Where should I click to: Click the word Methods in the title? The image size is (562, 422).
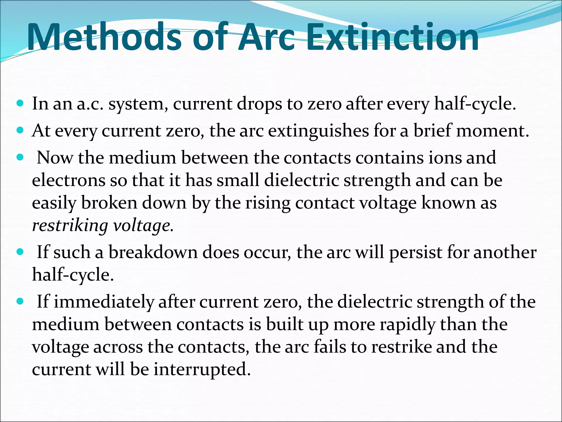tap(104, 37)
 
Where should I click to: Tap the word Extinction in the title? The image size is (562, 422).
tap(392, 37)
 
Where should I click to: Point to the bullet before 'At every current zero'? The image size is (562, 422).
tap(20, 130)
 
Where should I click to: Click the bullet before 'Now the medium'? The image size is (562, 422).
tap(20, 157)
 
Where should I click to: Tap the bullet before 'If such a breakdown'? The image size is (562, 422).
tap(20, 252)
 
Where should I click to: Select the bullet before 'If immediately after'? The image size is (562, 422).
tap(20, 301)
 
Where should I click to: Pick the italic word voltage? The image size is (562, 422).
tap(143, 226)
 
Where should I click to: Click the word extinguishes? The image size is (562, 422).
tap(318, 131)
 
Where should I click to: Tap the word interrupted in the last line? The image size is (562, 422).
tap(202, 370)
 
